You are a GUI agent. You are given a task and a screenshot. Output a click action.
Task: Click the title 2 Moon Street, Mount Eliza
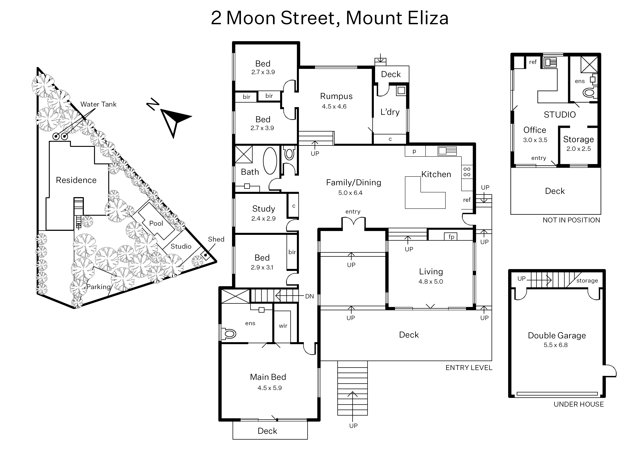(330, 18)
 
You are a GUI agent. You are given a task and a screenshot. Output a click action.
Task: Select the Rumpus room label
(336, 96)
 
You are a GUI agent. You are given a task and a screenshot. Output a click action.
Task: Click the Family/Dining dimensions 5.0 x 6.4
(350, 193)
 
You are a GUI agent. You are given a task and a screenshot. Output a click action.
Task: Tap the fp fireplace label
(451, 237)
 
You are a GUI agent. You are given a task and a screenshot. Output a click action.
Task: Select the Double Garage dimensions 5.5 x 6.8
(556, 345)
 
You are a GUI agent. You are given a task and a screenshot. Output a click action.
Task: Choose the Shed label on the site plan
(216, 239)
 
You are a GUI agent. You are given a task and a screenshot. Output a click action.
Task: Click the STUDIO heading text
(560, 115)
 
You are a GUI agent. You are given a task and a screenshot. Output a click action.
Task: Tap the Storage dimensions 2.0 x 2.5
(578, 149)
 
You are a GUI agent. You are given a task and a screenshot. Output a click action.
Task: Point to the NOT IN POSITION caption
(571, 220)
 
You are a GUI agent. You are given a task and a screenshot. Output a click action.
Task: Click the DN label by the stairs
(309, 296)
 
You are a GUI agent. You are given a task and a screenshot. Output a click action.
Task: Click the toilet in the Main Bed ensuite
(229, 334)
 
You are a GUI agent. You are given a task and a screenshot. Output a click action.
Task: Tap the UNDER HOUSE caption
(578, 404)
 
